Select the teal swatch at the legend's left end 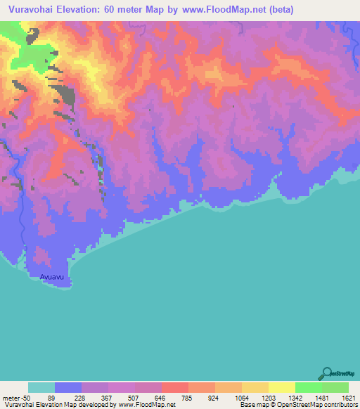(x=41, y=387)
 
